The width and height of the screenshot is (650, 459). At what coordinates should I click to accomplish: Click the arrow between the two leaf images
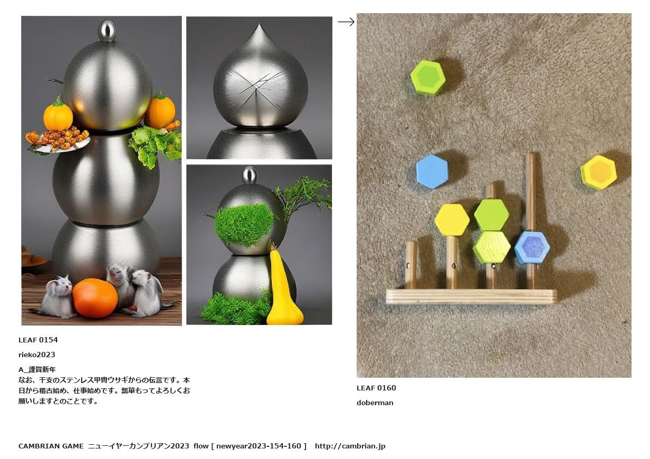pos(346,22)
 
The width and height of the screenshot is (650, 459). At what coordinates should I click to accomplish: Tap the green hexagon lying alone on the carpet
pos(428,78)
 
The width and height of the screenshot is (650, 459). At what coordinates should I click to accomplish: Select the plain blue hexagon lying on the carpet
pos(432,171)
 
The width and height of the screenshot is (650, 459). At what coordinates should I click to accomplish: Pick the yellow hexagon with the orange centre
pos(599,172)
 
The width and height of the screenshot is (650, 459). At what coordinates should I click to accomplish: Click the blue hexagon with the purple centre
pos(532,247)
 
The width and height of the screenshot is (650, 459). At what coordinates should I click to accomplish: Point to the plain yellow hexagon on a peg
pos(452,219)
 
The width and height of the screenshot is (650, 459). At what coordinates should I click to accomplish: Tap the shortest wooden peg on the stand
pos(410,265)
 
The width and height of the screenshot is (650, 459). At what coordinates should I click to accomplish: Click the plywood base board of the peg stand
pos(471,297)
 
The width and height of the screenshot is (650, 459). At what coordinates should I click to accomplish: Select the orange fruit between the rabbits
pos(95,298)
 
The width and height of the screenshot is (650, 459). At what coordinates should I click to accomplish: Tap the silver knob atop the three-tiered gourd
pos(108,30)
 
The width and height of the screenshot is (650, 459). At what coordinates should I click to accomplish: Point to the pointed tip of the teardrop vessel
pos(259,24)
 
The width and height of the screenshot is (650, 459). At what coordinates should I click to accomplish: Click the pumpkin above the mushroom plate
pos(58,113)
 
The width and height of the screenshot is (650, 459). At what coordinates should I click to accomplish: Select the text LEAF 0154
pos(38,340)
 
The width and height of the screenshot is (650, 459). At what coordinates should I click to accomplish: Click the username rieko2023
pos(37,355)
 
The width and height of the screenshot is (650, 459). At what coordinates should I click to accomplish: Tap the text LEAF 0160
pos(376,388)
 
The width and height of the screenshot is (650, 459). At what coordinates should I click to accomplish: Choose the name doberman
pos(375,403)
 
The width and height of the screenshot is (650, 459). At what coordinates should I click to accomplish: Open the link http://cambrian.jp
pos(350,446)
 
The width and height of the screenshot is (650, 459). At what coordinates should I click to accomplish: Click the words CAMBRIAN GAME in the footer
pos(51,446)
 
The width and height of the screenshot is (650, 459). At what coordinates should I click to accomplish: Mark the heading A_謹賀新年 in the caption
pos(37,369)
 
